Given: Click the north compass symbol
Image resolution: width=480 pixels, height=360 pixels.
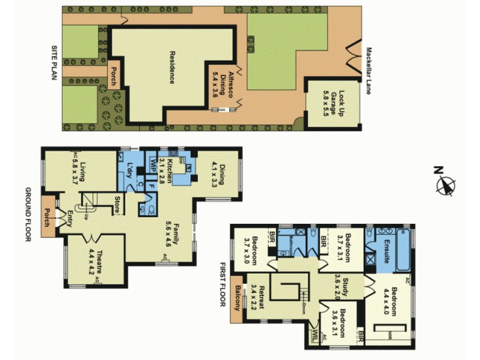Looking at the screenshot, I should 445,185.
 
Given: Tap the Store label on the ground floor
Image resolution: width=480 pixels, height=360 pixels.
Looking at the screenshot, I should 118,205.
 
